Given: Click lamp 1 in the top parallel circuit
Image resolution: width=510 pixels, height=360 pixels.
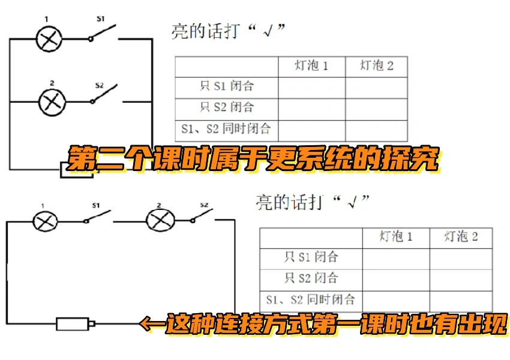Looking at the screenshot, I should (x=50, y=39).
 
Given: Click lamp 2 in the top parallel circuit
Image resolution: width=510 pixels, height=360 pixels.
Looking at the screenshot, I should (x=52, y=102).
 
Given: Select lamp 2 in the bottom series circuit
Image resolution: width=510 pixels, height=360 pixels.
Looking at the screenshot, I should (x=160, y=220).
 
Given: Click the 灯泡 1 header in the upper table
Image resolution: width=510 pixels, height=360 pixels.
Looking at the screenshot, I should (x=311, y=66).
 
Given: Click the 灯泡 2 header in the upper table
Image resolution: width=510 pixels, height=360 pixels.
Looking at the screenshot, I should (x=376, y=66).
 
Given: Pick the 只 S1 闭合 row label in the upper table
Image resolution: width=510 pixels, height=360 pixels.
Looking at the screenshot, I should (x=227, y=86).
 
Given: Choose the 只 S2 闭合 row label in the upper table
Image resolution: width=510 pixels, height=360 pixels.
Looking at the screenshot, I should (x=227, y=108).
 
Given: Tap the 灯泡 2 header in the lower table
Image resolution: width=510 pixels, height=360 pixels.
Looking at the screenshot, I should (x=461, y=237).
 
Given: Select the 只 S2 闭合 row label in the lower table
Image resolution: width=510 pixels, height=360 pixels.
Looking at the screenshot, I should (x=311, y=279).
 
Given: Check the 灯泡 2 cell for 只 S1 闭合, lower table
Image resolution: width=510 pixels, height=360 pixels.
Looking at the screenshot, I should (x=461, y=258).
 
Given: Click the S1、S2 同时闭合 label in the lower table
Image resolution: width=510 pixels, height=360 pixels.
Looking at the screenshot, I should (x=311, y=300).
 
